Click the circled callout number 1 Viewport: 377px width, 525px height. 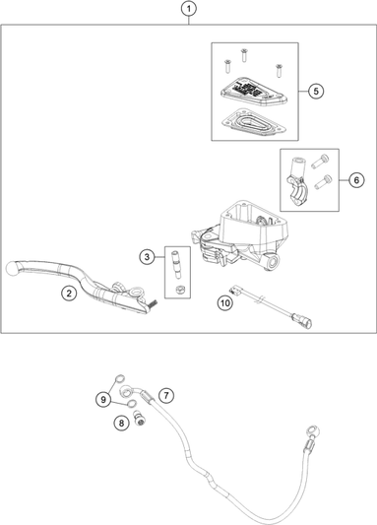[188, 10]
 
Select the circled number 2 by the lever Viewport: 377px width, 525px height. [69, 293]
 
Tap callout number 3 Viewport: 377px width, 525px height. [145, 257]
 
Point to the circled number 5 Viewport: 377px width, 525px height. [315, 91]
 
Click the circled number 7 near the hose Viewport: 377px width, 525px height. [165, 395]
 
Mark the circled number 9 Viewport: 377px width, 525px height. [102, 399]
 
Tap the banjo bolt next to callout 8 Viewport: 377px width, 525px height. [142, 424]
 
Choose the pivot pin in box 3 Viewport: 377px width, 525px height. [177, 264]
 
